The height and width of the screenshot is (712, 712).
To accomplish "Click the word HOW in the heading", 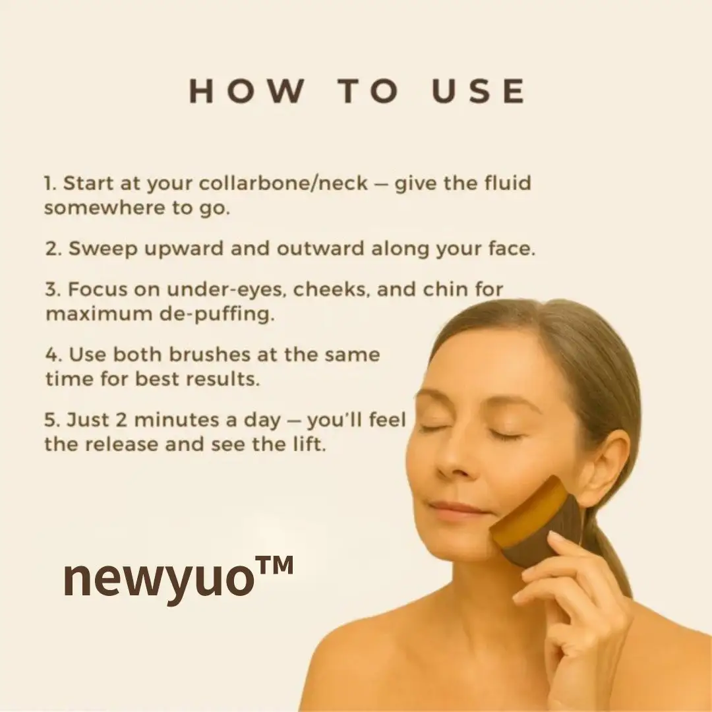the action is coord(247,91).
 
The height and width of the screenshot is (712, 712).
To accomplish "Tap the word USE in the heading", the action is coord(478,91).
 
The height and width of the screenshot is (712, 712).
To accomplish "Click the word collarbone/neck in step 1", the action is coord(283,183).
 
